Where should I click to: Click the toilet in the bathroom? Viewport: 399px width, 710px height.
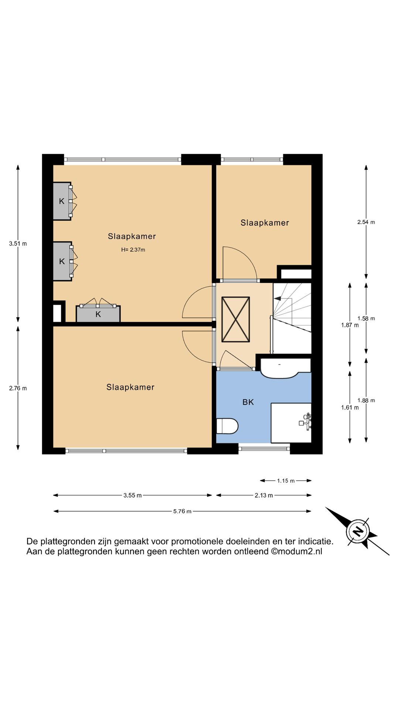227,426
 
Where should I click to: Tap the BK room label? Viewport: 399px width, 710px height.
248,402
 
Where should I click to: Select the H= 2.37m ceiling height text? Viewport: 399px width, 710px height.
133,250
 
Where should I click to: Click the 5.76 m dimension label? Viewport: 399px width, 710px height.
183,511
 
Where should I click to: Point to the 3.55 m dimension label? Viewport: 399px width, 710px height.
133,496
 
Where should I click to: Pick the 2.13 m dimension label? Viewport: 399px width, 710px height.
264,496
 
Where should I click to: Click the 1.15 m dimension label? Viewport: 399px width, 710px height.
286,481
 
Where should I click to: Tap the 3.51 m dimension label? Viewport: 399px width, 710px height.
18,244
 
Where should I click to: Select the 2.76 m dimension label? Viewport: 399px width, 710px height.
18,388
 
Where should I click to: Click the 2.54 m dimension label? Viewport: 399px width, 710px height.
366,222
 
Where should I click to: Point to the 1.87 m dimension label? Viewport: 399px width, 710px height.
350,325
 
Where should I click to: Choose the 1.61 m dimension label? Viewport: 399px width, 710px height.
350,408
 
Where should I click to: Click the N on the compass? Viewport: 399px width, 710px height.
358,531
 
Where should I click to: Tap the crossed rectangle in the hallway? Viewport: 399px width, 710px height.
235,319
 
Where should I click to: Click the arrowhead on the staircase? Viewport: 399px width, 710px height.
277,298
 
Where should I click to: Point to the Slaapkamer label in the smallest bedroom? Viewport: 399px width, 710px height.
265,223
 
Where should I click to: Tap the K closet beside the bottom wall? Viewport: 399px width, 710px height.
98,314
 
